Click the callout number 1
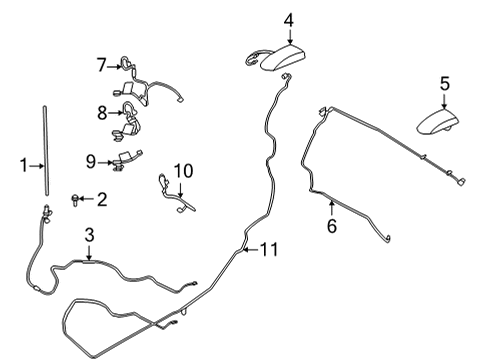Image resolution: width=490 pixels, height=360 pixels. pos(23,166)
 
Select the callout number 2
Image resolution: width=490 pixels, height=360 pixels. pos(102,199)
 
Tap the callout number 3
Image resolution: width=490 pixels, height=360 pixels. pos(89,235)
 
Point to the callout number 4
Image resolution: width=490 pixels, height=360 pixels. pos(289,21)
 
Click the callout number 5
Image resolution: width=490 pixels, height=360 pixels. pos(445,84)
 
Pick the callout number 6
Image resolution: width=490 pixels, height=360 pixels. pos(332,226)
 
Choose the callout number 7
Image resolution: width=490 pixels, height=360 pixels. pos(102,65)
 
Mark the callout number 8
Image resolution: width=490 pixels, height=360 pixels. pos(102,113)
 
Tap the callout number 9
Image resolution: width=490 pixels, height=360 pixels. pos(91,162)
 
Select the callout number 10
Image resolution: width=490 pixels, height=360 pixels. pos(183,171)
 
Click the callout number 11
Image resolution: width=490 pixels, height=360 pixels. pos(269,249)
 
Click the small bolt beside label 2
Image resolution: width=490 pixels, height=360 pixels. pos(75,200)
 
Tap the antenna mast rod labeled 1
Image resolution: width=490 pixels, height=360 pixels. pos(46,151)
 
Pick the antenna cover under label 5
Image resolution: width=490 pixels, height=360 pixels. pos(438,122)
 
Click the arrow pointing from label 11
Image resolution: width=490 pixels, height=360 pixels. pos(250,249)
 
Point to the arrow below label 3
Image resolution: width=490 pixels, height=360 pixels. pos(89,252)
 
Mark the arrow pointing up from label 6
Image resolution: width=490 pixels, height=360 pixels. pos(332,208)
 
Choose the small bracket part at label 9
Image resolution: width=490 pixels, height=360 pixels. pos(127,160)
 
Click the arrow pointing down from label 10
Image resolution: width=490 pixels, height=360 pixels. pos(180,189)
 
